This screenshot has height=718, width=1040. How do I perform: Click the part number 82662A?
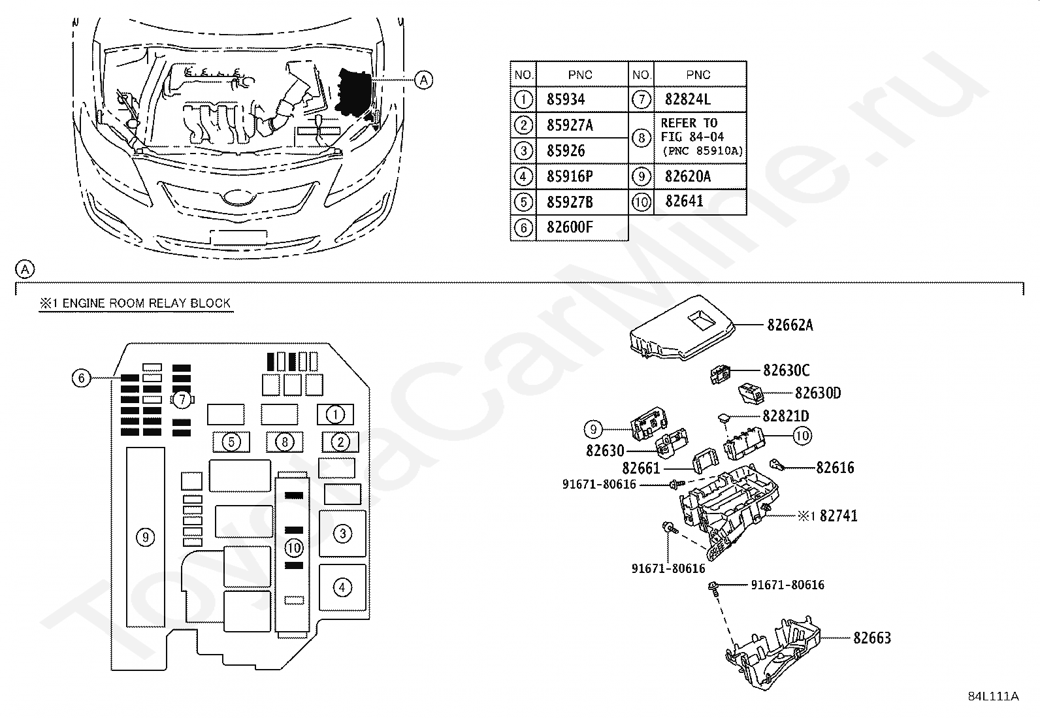click(x=790, y=325)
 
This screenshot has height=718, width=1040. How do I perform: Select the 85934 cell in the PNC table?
click(x=566, y=100)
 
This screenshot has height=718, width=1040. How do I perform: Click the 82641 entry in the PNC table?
click(x=684, y=201)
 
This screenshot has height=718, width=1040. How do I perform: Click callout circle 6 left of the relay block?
click(x=81, y=378)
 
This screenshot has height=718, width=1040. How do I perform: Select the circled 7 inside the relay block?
click(x=182, y=400)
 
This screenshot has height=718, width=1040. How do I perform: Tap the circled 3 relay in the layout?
click(x=342, y=534)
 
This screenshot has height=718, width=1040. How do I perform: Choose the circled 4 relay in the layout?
click(x=342, y=587)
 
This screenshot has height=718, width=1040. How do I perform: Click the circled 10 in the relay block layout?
click(x=294, y=547)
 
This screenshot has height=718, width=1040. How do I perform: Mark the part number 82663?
click(x=871, y=638)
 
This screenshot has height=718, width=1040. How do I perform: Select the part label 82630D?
click(x=818, y=393)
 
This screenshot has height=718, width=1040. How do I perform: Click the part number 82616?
click(x=835, y=467)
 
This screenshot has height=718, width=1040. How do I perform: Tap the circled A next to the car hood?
click(x=424, y=80)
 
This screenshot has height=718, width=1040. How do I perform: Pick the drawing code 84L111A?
click(x=993, y=696)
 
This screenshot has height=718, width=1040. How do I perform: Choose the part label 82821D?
click(x=785, y=416)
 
